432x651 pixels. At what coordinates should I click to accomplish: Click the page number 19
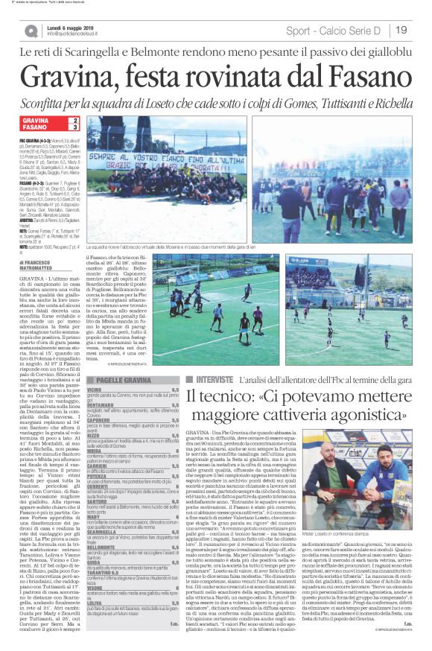tap(401, 30)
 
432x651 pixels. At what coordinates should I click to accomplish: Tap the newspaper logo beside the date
tap(32, 31)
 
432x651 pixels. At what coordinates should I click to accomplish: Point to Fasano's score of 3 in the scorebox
tap(74, 128)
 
